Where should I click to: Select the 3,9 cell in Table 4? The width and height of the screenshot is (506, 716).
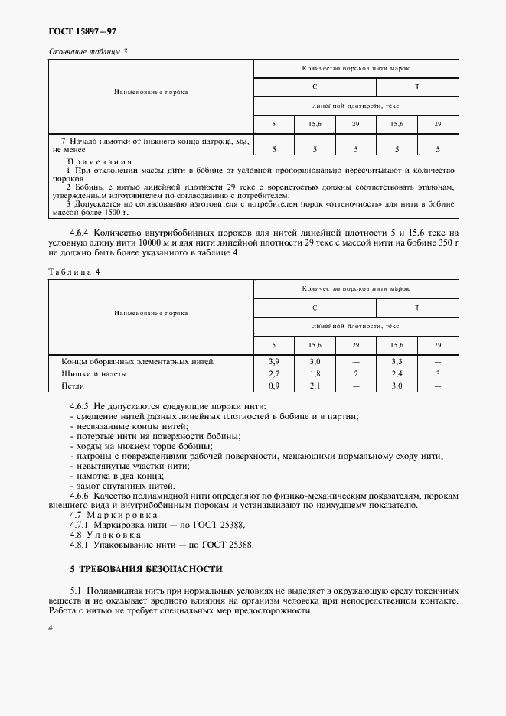pos(274,360)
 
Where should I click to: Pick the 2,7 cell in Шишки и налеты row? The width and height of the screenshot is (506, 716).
pos(274,373)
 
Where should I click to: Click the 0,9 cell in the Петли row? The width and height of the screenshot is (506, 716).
pos(274,386)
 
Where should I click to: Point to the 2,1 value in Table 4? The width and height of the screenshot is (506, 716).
pos(315,386)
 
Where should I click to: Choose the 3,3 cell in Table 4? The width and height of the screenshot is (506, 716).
pos(397,360)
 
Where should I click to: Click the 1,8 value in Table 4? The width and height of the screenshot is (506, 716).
pos(315,373)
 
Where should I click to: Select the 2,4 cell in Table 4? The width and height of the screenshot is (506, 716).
pos(397,373)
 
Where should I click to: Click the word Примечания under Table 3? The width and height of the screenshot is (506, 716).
pos(100,162)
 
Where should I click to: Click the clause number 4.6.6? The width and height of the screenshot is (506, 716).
pos(79,495)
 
